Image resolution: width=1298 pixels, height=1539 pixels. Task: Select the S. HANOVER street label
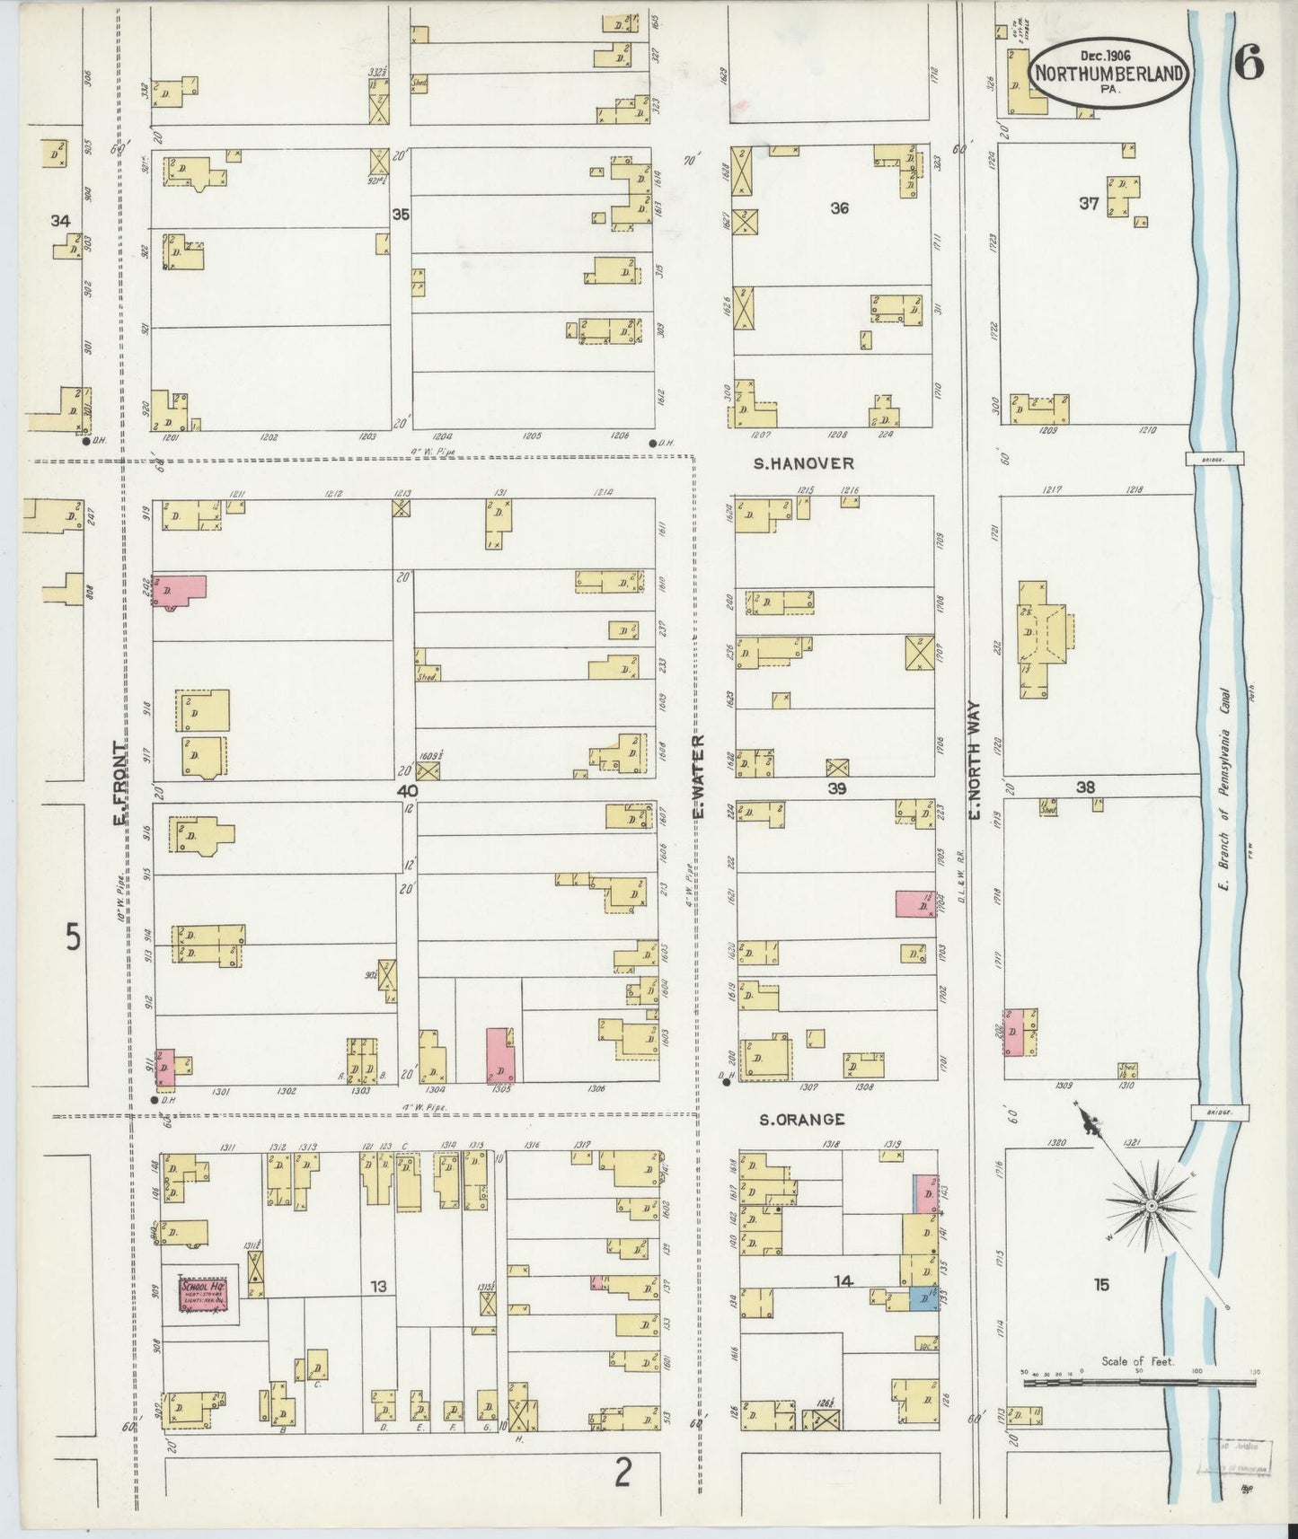pyautogui.click(x=804, y=463)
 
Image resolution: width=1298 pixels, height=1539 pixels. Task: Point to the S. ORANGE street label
pyautogui.click(x=802, y=1119)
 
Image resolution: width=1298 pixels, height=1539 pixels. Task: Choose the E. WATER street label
pyautogui.click(x=698, y=777)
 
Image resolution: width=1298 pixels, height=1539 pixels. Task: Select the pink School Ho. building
pyautogui.click(x=204, y=1294)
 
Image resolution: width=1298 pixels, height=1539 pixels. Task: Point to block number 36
pyautogui.click(x=839, y=208)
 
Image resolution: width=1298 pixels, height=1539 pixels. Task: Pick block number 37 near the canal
pyautogui.click(x=1089, y=204)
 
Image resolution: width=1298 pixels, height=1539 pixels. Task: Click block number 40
pyautogui.click(x=407, y=791)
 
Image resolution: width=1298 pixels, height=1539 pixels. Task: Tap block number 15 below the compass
pyautogui.click(x=1101, y=1285)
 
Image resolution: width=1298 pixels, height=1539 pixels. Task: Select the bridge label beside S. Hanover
pyautogui.click(x=1216, y=458)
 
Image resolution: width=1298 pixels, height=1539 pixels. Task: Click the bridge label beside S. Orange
pyautogui.click(x=1218, y=1112)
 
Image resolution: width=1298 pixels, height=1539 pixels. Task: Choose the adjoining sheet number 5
pyautogui.click(x=73, y=937)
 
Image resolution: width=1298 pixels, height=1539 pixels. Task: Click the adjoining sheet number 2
pyautogui.click(x=623, y=1473)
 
